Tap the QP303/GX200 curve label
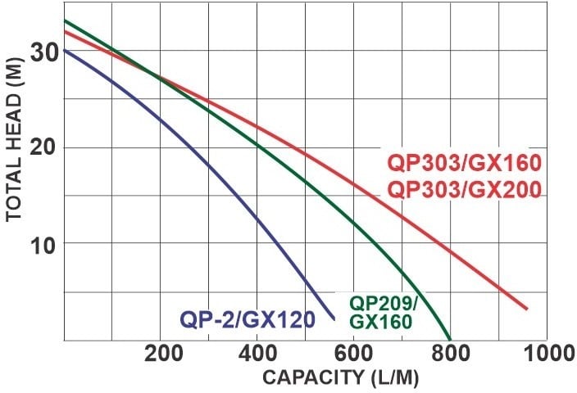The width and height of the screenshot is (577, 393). (463, 190)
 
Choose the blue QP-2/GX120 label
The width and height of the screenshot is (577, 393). (248, 318)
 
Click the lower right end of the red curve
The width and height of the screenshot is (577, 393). (526, 309)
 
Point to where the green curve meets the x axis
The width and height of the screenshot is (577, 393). (451, 339)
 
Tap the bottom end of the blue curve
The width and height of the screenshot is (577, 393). (334, 318)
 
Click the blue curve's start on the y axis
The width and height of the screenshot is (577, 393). (64, 50)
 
